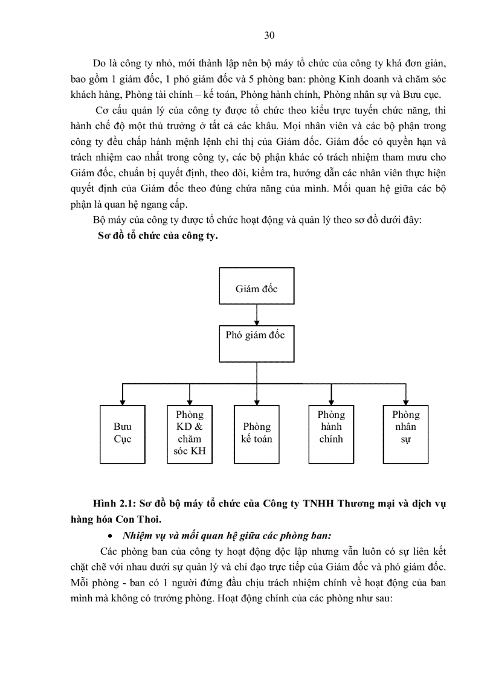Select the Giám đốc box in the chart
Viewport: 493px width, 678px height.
[257, 289]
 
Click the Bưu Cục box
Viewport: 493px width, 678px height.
[123, 433]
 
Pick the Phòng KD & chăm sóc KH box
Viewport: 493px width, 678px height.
[190, 433]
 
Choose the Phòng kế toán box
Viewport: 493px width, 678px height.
[257, 433]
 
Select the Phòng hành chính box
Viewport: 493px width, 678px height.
[331, 433]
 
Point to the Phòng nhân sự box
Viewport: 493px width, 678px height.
[405, 433]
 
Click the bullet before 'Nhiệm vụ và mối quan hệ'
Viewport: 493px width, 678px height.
[110, 536]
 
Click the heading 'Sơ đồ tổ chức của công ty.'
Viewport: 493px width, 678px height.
[158, 236]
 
